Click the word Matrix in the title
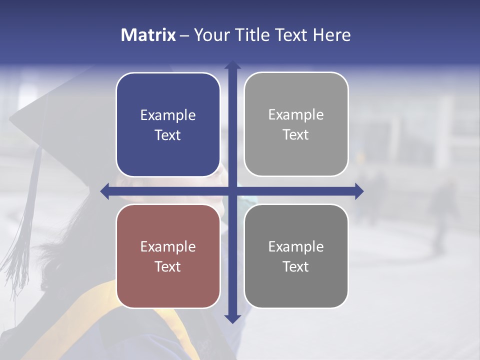click(x=148, y=35)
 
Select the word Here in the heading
click(x=331, y=35)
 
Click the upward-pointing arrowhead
click(x=232, y=65)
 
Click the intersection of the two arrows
click(x=232, y=191)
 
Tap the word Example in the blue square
click(x=168, y=115)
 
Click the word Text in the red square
click(x=168, y=266)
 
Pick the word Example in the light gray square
click(x=296, y=115)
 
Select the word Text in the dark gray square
click(x=296, y=266)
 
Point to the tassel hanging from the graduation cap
click(x=25, y=225)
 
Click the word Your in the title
click(x=210, y=35)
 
